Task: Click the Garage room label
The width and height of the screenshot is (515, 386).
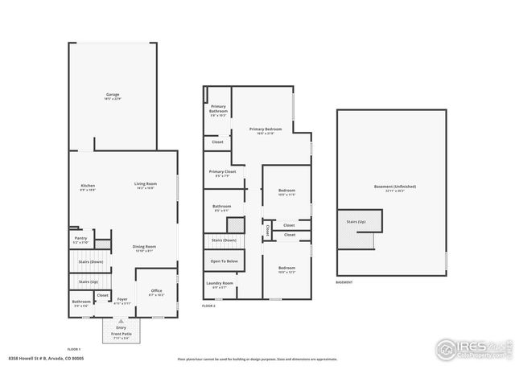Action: click(113, 96)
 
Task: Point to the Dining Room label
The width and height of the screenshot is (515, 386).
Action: click(143, 247)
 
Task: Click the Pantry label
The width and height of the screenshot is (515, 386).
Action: click(80, 239)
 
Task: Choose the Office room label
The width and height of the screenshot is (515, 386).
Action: click(156, 292)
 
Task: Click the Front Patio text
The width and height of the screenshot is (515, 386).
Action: click(122, 336)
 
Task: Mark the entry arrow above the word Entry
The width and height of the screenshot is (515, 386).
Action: click(122, 320)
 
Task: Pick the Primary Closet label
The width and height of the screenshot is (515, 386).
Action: click(223, 172)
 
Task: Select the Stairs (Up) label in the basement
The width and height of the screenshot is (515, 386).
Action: click(356, 220)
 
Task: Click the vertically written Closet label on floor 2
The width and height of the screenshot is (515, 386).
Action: click(267, 229)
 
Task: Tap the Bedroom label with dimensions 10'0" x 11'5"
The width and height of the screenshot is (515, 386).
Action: click(287, 192)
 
